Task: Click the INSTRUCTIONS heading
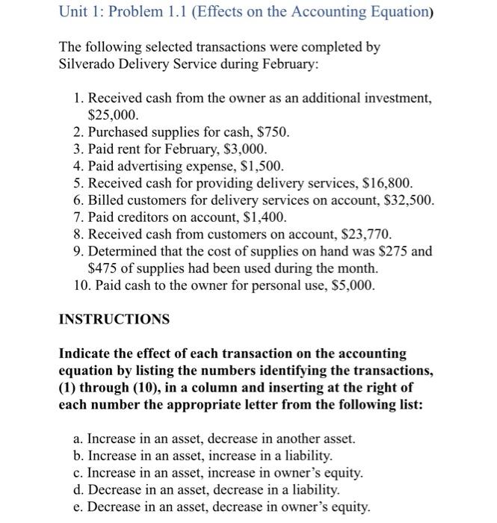pyautogui.click(x=114, y=319)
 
